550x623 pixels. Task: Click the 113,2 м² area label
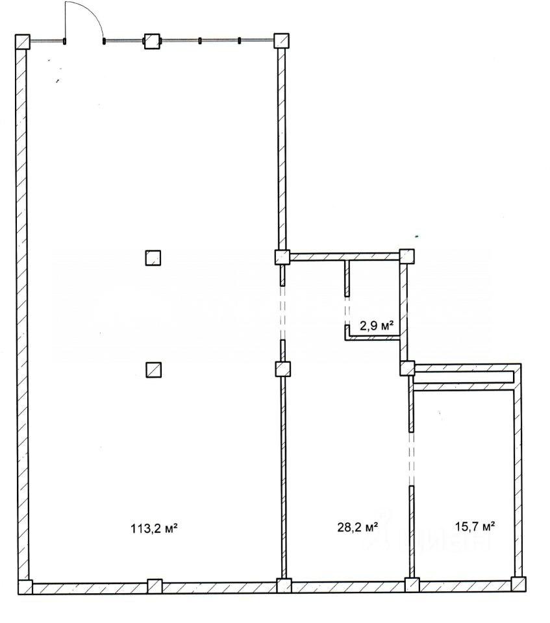tap(153, 528)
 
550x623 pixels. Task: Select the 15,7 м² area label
tap(475, 526)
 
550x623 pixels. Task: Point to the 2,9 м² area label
tap(377, 326)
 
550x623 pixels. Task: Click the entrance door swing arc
tap(92, 12)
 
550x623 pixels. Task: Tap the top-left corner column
tap(22, 42)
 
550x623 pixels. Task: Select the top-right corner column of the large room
tap(281, 40)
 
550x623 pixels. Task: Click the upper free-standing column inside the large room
tap(153, 258)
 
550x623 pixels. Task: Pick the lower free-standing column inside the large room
tap(153, 370)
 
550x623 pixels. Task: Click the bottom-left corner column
tap(25, 587)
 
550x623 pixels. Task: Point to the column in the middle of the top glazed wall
tap(151, 41)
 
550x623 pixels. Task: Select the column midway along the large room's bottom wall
tap(155, 586)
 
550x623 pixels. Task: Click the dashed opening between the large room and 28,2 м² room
tap(282, 313)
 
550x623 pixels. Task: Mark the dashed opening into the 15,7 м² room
tap(411, 459)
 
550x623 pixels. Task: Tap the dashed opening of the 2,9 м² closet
tap(347, 311)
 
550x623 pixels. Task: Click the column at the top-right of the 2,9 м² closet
tap(406, 256)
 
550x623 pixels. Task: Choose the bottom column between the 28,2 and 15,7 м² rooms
tap(412, 585)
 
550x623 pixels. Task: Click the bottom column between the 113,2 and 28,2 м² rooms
tap(284, 585)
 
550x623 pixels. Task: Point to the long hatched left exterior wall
tap(23, 314)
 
